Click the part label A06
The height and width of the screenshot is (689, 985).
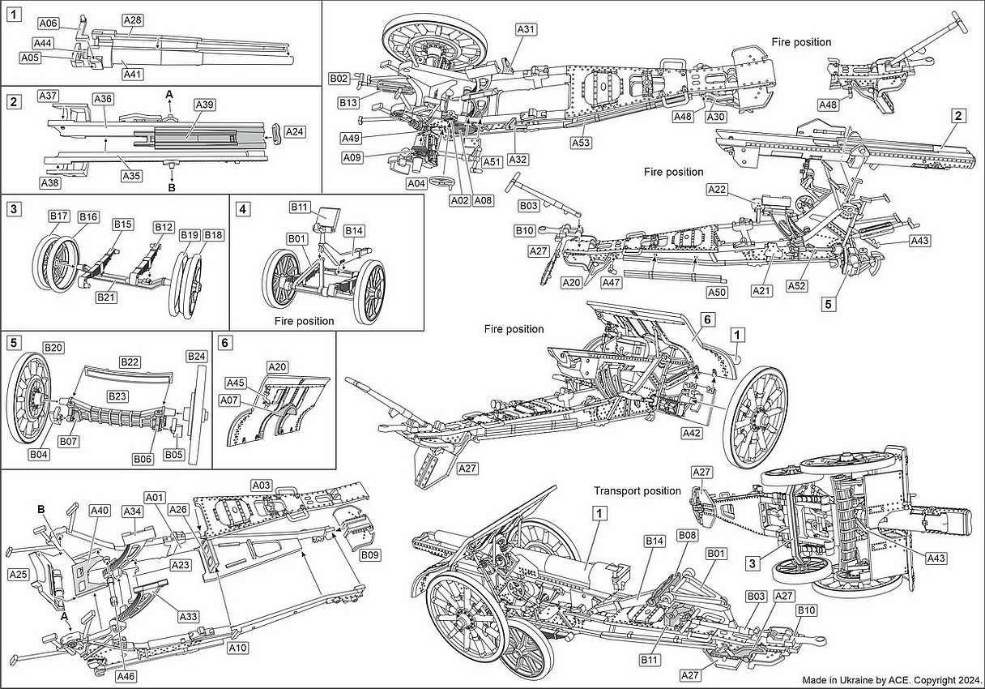click(49, 24)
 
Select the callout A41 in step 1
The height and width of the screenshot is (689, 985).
click(133, 74)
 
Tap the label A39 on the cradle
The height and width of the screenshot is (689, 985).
click(204, 105)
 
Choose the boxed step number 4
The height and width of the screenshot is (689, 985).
click(242, 208)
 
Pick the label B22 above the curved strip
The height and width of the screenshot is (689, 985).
click(130, 361)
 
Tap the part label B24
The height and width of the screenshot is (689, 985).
click(196, 356)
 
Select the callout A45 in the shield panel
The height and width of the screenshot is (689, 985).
click(235, 383)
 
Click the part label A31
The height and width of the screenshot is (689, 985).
click(527, 29)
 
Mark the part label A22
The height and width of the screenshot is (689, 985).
click(717, 190)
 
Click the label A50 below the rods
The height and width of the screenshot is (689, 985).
click(716, 292)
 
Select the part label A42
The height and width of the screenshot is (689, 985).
click(691, 434)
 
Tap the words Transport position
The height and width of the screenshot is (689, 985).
click(637, 491)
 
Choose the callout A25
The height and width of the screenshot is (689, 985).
click(18, 574)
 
